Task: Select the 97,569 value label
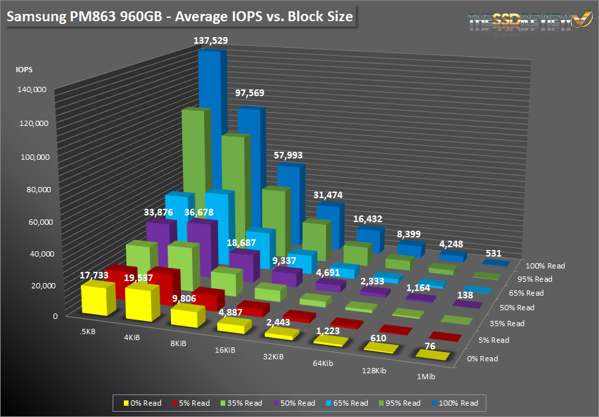[250, 93]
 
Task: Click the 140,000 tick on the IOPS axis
[30, 89]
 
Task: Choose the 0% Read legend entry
[142, 402]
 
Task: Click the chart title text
[179, 15]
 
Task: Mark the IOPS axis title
[24, 68]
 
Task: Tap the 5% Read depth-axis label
[493, 340]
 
